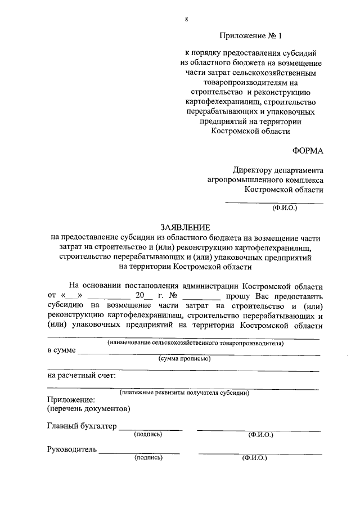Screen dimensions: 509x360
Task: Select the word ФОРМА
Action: click(x=307, y=151)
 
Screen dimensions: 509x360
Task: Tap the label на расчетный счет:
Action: click(x=82, y=375)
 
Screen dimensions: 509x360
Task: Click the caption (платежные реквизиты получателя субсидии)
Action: click(x=184, y=393)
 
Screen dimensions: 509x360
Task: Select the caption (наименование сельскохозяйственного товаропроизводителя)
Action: click(x=196, y=343)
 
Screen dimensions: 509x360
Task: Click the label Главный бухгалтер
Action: click(x=82, y=426)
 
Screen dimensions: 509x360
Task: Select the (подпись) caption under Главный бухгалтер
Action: click(x=148, y=434)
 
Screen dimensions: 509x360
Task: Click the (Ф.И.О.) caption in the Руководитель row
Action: click(x=254, y=458)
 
